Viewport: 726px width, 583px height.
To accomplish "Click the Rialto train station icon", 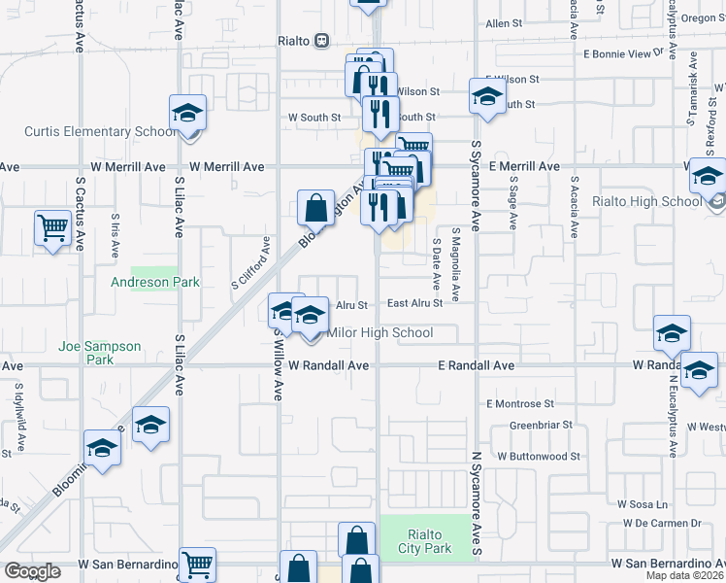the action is pyautogui.click(x=321, y=41).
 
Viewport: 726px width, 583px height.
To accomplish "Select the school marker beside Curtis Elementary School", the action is pyautogui.click(x=187, y=114).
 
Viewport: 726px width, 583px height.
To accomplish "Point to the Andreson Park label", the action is pyautogui.click(x=154, y=283).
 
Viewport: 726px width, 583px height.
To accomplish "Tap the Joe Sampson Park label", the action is pyautogui.click(x=99, y=353).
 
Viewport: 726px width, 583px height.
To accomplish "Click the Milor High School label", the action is pyautogui.click(x=380, y=333).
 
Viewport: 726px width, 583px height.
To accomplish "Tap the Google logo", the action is pyautogui.click(x=32, y=571).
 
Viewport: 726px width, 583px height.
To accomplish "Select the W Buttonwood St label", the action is pyautogui.click(x=539, y=456).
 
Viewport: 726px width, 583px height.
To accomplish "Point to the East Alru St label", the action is pyautogui.click(x=414, y=303).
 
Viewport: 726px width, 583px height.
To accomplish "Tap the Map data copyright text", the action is pyautogui.click(x=683, y=575).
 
